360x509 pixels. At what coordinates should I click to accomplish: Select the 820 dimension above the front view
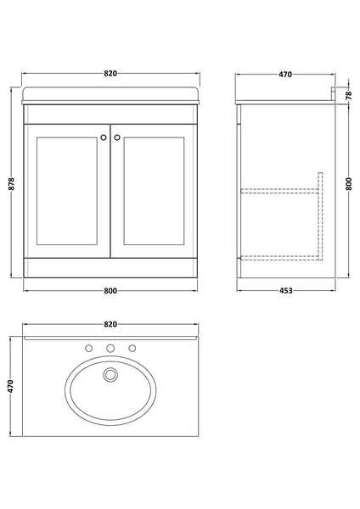point(110,74)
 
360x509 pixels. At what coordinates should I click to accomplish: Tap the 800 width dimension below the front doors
point(110,291)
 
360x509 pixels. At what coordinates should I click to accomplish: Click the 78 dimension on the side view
point(348,94)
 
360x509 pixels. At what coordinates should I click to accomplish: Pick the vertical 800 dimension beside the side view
point(348,182)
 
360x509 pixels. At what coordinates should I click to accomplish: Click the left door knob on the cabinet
point(103,135)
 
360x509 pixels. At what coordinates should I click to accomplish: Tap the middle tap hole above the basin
point(110,348)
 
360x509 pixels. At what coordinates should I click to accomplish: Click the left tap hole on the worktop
point(88,348)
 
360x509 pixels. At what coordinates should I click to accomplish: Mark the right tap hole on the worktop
point(132,348)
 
